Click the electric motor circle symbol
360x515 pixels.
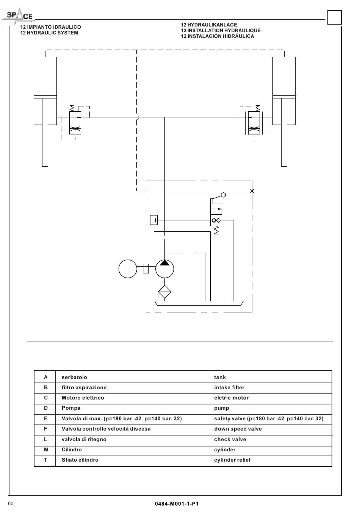(128, 269)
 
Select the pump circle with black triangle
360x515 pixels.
(164, 269)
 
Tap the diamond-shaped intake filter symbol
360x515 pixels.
(164, 292)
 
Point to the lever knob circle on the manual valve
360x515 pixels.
(223, 195)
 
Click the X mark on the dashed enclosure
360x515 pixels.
(252, 191)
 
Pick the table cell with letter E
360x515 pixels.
(45, 419)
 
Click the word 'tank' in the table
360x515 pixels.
(220, 377)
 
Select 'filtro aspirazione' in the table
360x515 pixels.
(84, 388)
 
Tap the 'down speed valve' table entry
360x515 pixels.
(238, 429)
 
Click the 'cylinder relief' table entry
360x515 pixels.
(232, 460)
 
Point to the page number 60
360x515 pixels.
(11, 504)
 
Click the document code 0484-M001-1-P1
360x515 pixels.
(177, 504)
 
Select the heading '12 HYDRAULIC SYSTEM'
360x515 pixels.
(49, 33)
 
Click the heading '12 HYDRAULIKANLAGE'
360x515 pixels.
(209, 25)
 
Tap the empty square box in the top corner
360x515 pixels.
(335, 17)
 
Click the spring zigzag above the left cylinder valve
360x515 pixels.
(72, 108)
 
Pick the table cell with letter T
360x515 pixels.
(45, 460)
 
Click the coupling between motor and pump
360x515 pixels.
(146, 268)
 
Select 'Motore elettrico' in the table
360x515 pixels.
(83, 398)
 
